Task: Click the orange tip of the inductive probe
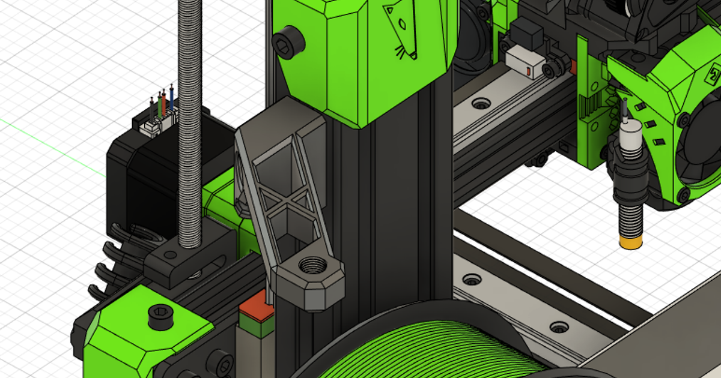631,243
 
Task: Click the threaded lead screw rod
190,120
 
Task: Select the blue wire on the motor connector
172,100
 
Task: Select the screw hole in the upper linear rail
481,103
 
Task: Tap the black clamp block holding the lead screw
180,261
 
